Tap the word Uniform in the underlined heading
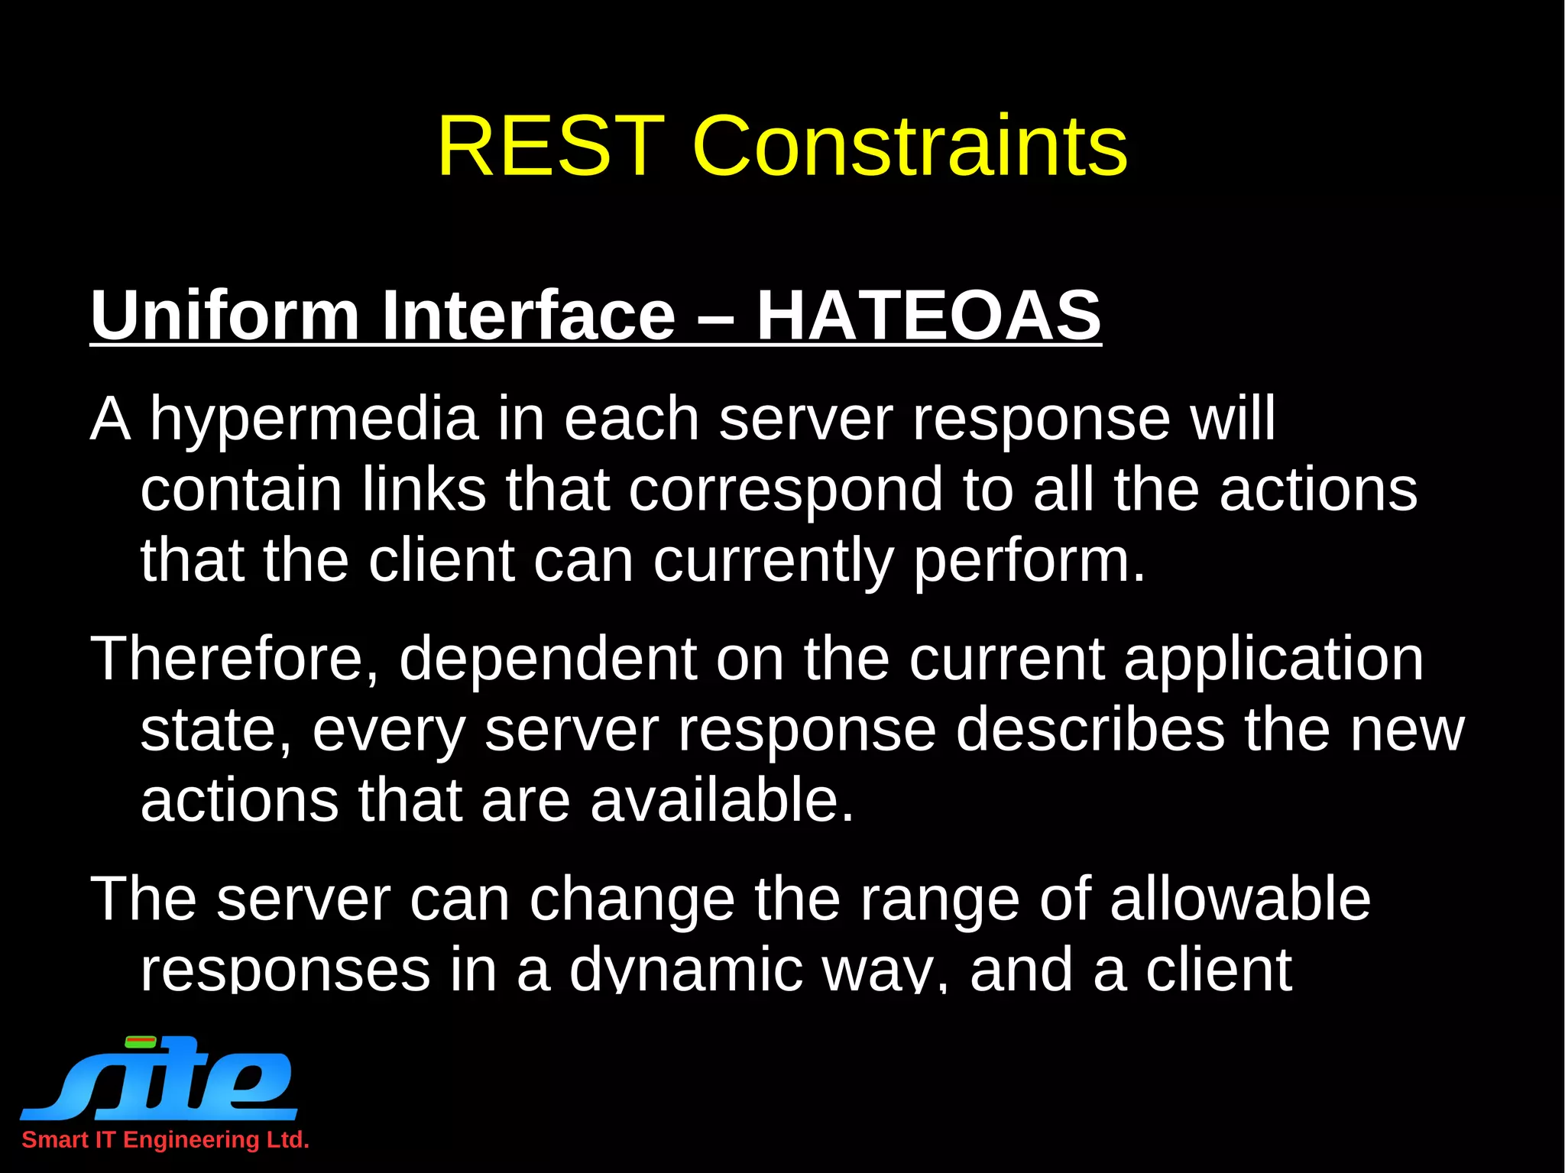225,315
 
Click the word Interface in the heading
529,315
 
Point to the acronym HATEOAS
928,315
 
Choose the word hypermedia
313,420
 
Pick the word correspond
786,491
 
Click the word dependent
548,659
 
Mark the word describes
1090,730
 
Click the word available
722,800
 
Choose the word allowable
1240,899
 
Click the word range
939,900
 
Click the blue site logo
160,1077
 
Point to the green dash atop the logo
141,1041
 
